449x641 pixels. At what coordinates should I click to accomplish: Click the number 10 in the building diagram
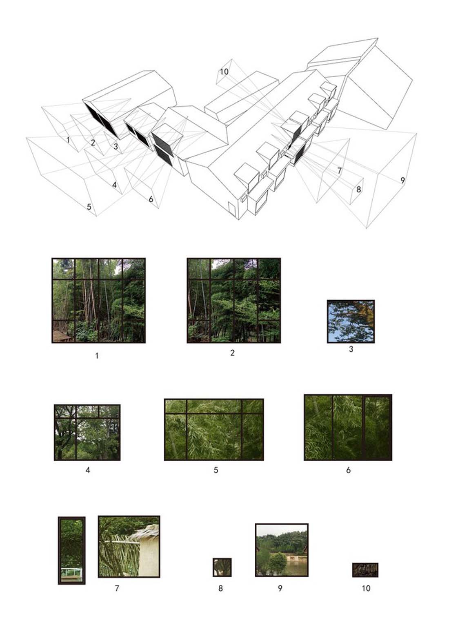point(224,72)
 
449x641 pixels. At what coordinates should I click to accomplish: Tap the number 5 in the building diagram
point(89,207)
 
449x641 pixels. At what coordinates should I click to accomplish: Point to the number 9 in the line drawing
point(402,180)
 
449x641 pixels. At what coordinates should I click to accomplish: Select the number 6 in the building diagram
point(151,199)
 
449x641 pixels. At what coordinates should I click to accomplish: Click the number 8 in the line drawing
point(358,190)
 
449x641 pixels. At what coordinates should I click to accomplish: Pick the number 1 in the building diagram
point(68,140)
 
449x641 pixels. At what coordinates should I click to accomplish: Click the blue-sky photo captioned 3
point(351,322)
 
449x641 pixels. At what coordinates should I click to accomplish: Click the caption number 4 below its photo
point(87,470)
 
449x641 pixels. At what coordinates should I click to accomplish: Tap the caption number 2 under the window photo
point(232,353)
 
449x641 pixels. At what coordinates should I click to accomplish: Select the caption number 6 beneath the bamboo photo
point(348,470)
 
